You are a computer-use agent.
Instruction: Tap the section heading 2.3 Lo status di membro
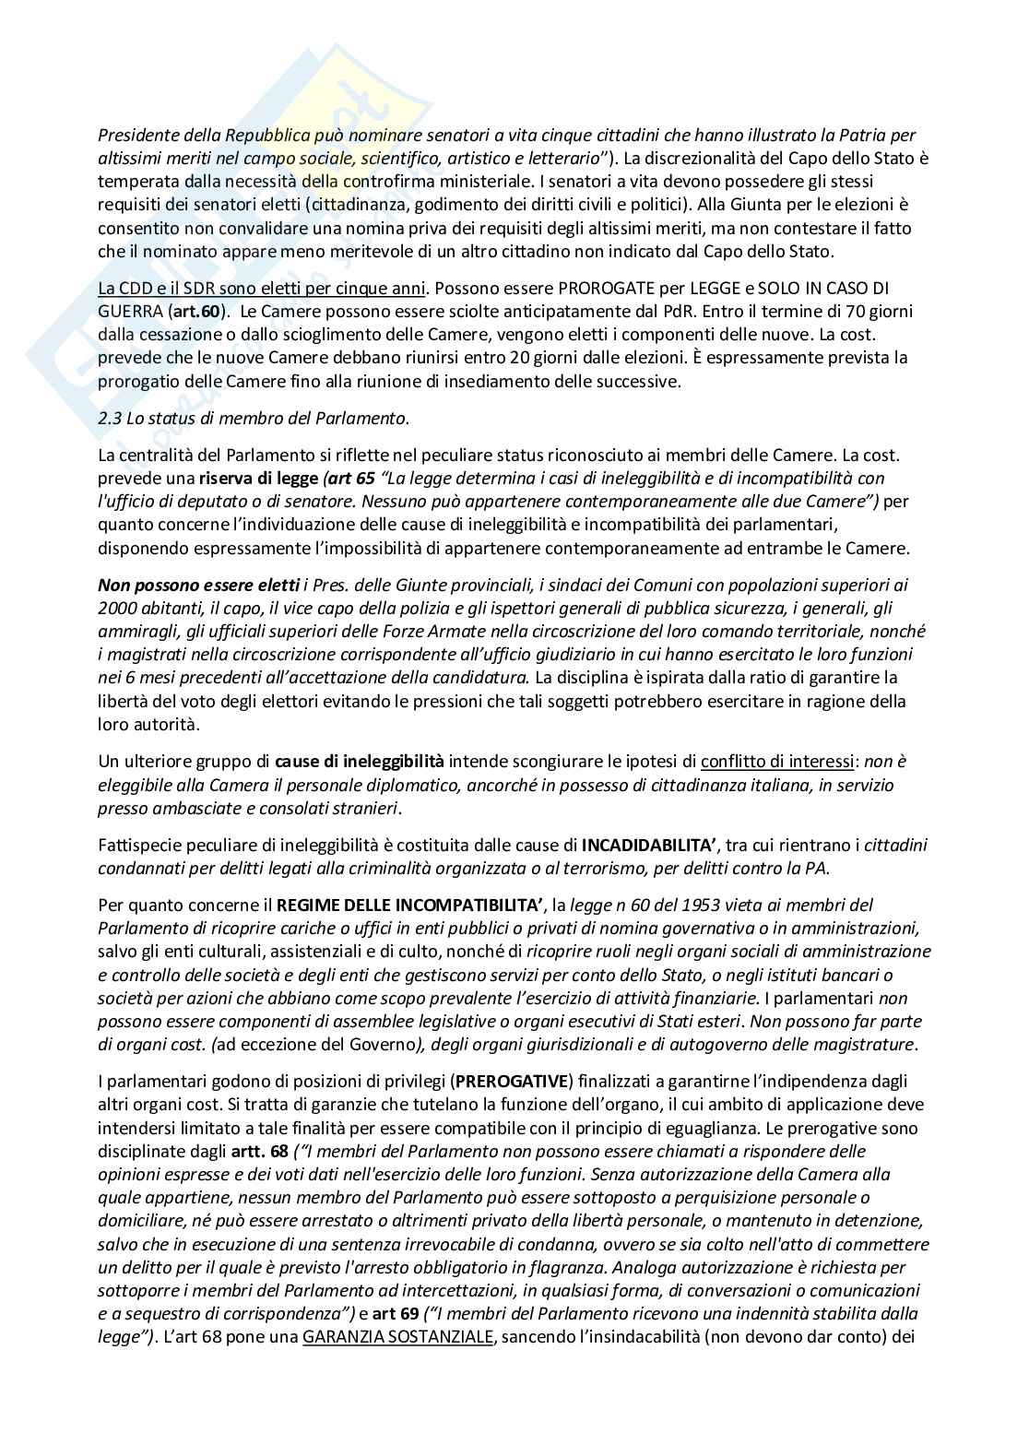point(253,418)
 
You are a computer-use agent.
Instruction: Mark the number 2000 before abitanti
point(117,608)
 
